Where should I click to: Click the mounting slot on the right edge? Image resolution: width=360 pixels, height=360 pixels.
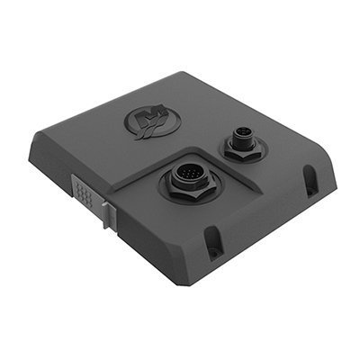tap(310, 180)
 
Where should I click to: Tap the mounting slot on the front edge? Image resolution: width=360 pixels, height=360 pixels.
tap(214, 240)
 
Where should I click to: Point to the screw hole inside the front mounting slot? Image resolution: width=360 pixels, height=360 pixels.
tap(214, 246)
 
